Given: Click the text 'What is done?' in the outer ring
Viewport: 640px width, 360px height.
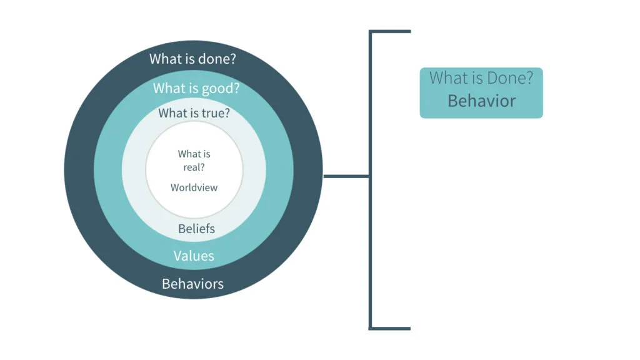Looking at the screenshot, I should point(196,59).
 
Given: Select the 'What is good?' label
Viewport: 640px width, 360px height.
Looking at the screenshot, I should point(196,88).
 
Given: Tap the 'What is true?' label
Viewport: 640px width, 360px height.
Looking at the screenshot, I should point(194,113).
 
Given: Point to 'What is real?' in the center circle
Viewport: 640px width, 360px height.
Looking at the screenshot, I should point(194,160).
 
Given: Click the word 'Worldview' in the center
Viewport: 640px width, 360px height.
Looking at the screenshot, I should point(194,187).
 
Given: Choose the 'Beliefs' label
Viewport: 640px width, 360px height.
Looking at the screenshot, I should point(196,229).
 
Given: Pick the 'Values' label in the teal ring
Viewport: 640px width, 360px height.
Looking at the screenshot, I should point(194,256).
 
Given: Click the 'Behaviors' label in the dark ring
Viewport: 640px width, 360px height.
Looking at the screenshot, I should point(192,284).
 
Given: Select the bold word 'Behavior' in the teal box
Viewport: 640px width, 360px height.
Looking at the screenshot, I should point(481,101).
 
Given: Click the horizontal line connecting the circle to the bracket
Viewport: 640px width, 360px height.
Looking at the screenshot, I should point(346,177).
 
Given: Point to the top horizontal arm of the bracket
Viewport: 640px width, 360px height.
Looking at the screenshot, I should point(391,31).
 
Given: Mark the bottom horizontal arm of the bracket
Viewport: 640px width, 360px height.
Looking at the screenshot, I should point(391,327).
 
